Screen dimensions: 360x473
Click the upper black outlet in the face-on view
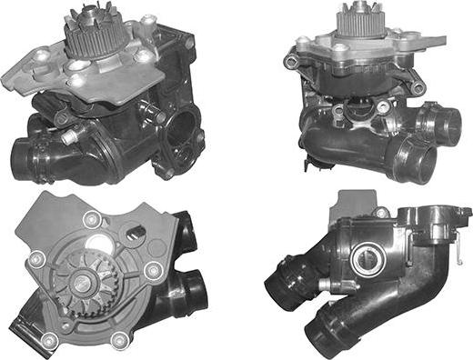click(186, 235)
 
